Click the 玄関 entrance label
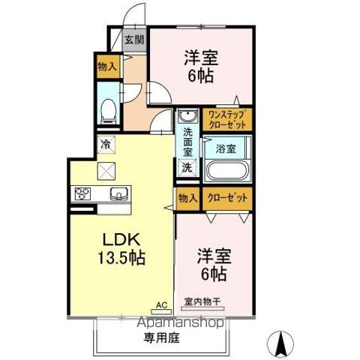point(135,40)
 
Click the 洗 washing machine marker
point(187,167)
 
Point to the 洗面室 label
point(187,141)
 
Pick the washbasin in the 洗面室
point(187,117)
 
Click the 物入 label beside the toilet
point(106,66)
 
